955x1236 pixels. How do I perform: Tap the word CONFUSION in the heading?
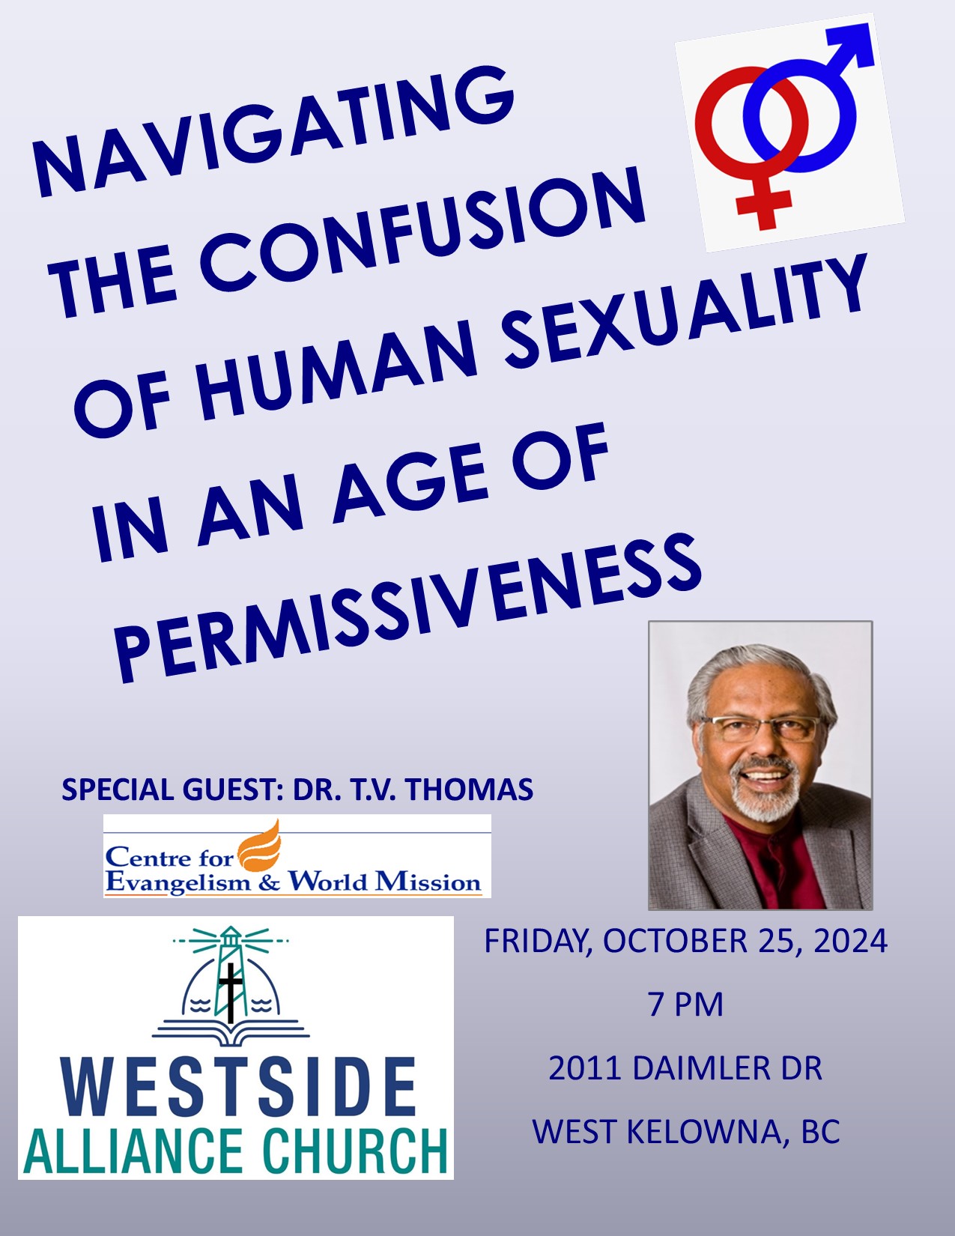[422, 234]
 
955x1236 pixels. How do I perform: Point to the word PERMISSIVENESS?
[407, 608]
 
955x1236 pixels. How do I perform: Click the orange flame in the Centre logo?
[260, 846]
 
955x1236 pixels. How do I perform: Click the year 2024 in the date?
[851, 941]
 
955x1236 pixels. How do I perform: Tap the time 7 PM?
[685, 1005]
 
